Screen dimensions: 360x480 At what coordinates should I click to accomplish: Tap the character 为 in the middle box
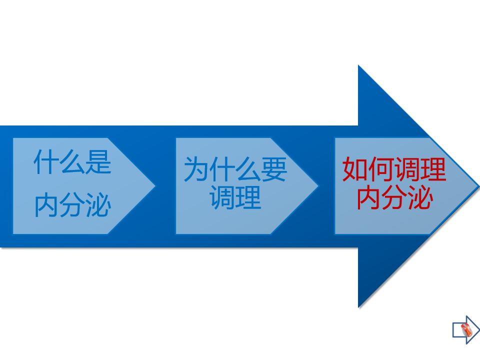[196, 169]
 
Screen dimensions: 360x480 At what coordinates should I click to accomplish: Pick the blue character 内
[46, 205]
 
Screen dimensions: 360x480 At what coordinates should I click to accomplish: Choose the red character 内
[368, 197]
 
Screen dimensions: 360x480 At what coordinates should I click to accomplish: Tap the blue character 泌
[97, 205]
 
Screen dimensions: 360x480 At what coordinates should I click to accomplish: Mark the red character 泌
[420, 197]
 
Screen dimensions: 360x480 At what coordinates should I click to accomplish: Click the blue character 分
[72, 205]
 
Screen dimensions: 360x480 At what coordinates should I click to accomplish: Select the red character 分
[394, 197]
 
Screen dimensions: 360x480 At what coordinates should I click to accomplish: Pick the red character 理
[433, 169]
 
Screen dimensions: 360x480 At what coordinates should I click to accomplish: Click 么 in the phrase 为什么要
[248, 169]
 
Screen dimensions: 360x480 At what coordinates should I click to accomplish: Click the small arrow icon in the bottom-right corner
[465, 329]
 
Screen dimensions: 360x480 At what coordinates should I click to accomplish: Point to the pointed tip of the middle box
[317, 186]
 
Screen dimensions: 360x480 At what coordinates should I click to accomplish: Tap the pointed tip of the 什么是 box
[154, 186]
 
